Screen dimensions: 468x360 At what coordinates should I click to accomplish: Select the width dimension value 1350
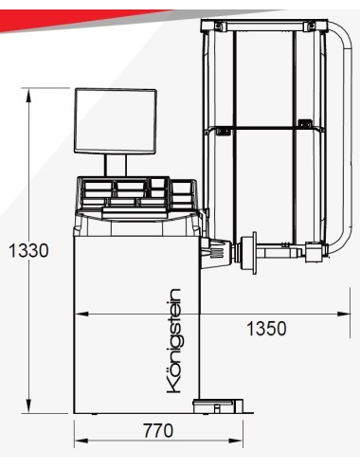click(267, 329)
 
